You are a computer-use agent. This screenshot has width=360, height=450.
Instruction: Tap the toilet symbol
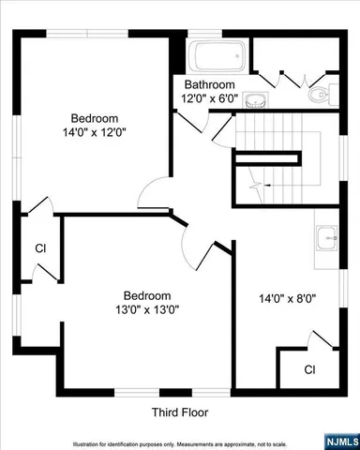pyautogui.click(x=317, y=92)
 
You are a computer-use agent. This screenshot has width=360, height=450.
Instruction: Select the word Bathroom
pyautogui.click(x=208, y=83)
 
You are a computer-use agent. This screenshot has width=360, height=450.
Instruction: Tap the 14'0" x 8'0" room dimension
pyautogui.click(x=287, y=299)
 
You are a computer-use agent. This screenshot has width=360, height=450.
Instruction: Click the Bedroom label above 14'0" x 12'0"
pyautogui.click(x=95, y=118)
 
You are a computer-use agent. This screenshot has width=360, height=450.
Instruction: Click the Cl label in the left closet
pyautogui.click(x=40, y=248)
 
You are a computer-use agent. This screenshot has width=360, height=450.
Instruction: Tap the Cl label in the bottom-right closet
pyautogui.click(x=309, y=369)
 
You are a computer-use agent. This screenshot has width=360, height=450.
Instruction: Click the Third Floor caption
pyautogui.click(x=179, y=412)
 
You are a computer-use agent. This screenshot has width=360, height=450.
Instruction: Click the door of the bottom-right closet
pyautogui.click(x=322, y=340)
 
